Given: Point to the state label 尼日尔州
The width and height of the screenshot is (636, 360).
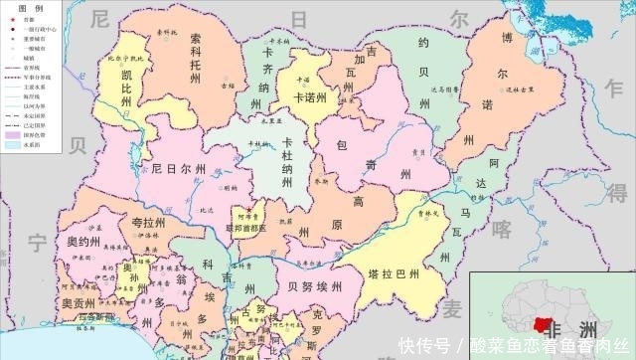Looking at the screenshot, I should (x=179, y=169).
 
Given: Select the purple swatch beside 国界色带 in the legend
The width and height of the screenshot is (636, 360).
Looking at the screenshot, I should (x=13, y=134).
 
